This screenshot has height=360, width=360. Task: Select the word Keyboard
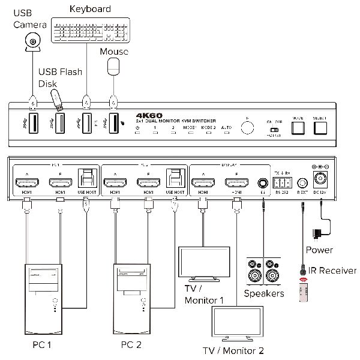pos(90,8)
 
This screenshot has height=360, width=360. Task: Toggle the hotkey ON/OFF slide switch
pos(274,128)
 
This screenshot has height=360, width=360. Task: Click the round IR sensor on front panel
pos(245,128)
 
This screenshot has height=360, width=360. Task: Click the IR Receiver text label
pos(331,271)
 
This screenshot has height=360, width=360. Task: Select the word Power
pos(319,250)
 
